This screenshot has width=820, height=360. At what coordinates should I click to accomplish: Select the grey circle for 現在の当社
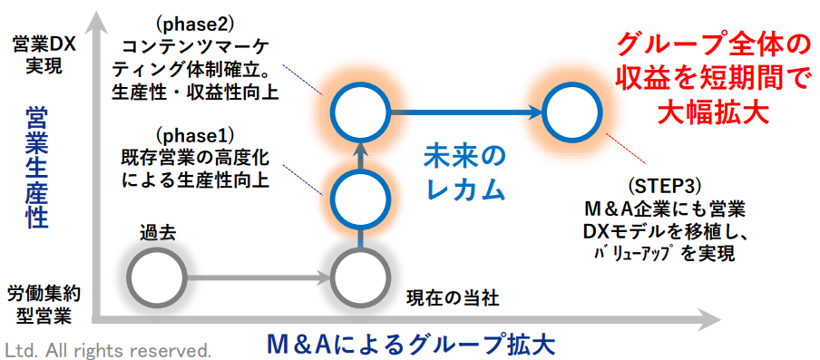click(x=333, y=277)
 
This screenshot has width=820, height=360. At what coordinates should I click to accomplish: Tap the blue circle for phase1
click(x=333, y=198)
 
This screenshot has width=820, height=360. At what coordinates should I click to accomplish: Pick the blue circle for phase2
click(x=333, y=112)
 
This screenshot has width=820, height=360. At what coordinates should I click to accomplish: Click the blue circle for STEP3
click(x=543, y=112)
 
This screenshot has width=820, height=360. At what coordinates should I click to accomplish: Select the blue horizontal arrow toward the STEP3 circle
click(x=466, y=112)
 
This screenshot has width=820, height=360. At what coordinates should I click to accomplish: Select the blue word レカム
click(x=465, y=190)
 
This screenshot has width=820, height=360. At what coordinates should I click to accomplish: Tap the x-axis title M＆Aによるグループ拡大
click(x=410, y=345)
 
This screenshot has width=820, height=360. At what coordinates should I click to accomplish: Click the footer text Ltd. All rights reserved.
click(x=108, y=349)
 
